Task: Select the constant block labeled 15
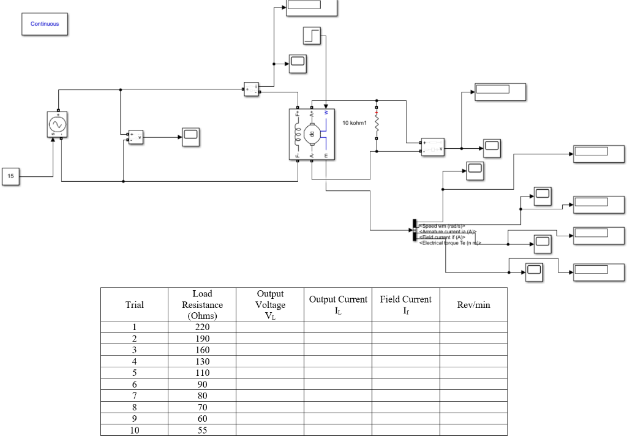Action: (10, 176)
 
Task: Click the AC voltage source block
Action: (58, 124)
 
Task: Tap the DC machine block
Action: (312, 134)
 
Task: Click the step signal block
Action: (312, 36)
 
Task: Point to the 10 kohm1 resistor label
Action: (355, 123)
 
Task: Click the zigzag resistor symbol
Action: (376, 126)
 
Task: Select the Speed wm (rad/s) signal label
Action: (442, 226)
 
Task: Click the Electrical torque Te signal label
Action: (450, 243)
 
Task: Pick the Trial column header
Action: (135, 304)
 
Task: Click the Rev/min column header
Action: (473, 304)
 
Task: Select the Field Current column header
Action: (405, 304)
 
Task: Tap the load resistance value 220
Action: (202, 327)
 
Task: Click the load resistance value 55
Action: (202, 430)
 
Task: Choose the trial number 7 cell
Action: (135, 396)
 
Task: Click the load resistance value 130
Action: (202, 361)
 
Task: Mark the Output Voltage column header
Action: (270, 304)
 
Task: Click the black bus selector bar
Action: (415, 230)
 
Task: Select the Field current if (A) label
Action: (442, 238)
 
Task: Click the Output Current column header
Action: (338, 304)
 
